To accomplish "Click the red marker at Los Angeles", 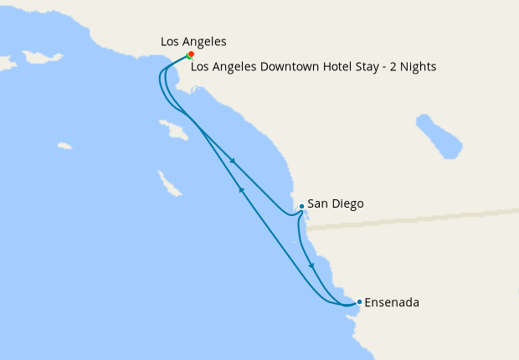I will (x=191, y=54).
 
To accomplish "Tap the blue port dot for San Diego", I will (x=301, y=205).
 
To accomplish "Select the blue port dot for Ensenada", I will (x=359, y=301).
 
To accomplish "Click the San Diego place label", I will (x=336, y=203).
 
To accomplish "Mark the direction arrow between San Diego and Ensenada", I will (x=312, y=266).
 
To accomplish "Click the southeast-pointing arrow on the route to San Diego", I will (x=232, y=161).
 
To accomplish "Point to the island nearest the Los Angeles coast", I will (x=173, y=130).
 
